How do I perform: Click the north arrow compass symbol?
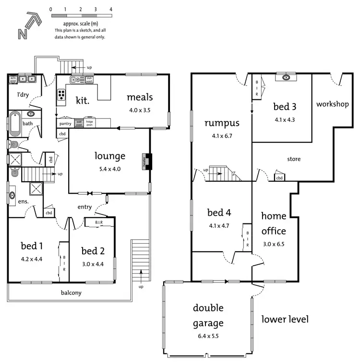pyautogui.click(x=26, y=26)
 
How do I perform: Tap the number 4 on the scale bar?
pyautogui.click(x=111, y=9)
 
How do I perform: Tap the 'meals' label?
pyautogui.click(x=140, y=97)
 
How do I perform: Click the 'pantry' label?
pyautogui.click(x=65, y=124)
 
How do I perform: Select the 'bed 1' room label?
pyautogui.click(x=32, y=246)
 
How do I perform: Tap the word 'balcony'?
pyautogui.click(x=70, y=293)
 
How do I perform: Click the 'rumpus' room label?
pyautogui.click(x=222, y=123)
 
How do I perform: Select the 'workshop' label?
pyautogui.click(x=332, y=104)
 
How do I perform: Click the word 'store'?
pyautogui.click(x=294, y=159)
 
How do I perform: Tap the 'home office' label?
pyautogui.click(x=274, y=224)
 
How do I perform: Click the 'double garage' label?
pyautogui.click(x=208, y=315)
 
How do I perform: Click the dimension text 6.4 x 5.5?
pyautogui.click(x=208, y=336)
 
